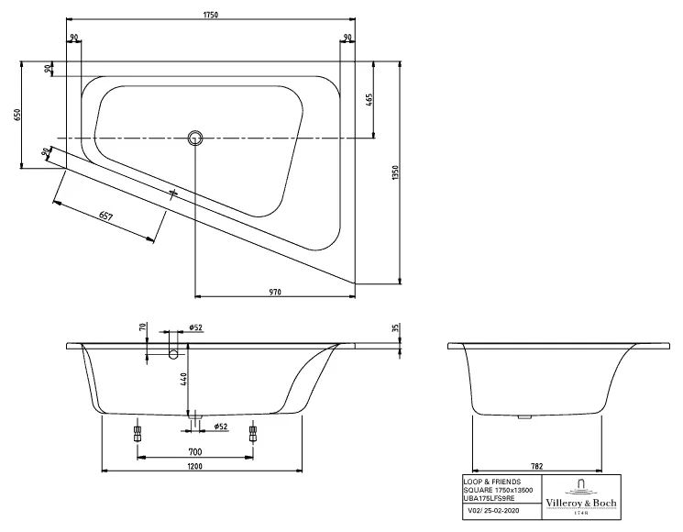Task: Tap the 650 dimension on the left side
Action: coord(17,115)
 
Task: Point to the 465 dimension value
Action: coord(369,101)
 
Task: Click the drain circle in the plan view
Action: coord(194,139)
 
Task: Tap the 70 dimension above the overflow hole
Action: coord(143,327)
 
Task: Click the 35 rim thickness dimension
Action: coord(396,327)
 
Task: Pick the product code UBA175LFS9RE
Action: coord(490,497)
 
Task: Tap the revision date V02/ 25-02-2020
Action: coord(491,512)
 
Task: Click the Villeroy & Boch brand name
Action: coord(582,504)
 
